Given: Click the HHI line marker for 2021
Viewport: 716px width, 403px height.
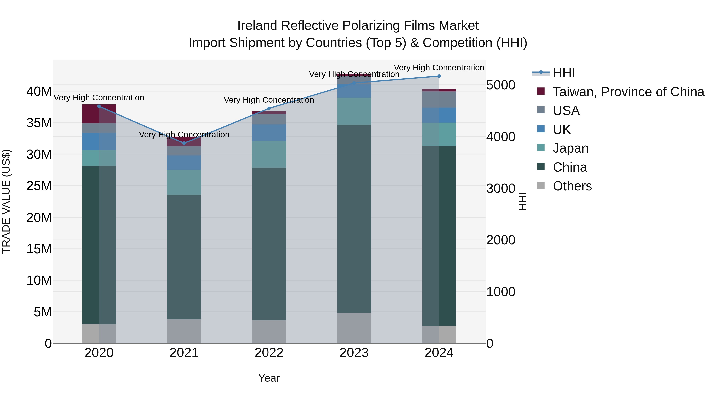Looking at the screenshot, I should pos(184,143).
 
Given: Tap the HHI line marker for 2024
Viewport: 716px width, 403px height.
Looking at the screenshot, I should pos(439,76).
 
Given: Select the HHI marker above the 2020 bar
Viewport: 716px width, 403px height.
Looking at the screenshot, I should pos(99,106).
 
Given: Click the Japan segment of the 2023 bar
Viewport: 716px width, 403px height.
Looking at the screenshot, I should pos(354,111).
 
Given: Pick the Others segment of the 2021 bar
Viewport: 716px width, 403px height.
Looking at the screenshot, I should pos(184,331).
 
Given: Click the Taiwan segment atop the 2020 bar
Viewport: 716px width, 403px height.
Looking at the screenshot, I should pos(91,114).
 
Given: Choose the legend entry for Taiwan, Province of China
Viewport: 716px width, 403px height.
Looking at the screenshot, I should pos(628,92).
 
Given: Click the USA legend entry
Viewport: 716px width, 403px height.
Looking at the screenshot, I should pos(566,111).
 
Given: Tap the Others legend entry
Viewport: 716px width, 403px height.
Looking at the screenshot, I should pos(572,186).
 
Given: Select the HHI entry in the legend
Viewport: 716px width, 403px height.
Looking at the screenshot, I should pos(564,73).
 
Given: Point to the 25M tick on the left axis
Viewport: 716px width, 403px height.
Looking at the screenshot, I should pos(39,186).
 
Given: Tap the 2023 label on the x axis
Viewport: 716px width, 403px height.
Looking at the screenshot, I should pos(354,353).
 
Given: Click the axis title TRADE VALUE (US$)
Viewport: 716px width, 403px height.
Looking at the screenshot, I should pos(6,201).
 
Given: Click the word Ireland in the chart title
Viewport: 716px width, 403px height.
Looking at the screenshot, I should pos(257,26).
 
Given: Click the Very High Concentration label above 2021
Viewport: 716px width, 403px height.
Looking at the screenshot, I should pos(184,135).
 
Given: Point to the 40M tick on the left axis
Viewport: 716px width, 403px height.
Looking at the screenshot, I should pos(39,91).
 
